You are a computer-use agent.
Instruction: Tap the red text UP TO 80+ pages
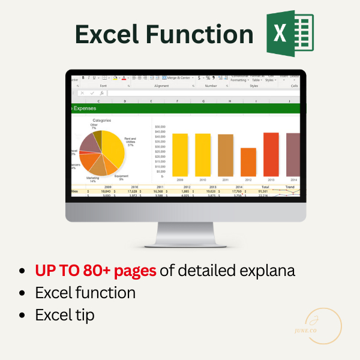point(95,270)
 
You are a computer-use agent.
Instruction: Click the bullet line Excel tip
point(65,314)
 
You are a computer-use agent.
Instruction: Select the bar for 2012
point(248,162)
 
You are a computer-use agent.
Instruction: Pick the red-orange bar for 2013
point(271,154)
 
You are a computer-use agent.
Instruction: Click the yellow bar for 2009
point(180,155)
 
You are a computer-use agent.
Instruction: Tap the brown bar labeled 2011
point(226,155)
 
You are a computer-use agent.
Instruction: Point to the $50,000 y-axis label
point(160,127)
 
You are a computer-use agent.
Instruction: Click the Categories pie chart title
point(101,120)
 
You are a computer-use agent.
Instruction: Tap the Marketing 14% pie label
point(92,179)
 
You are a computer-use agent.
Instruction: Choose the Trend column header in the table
point(290,187)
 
